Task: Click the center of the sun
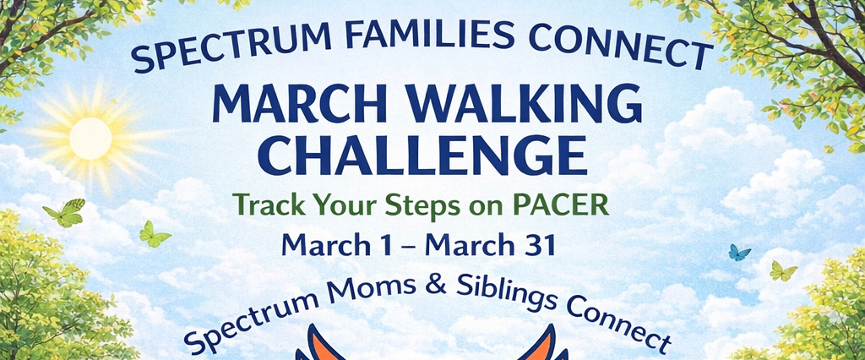point(90,139)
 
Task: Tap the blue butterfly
point(739,253)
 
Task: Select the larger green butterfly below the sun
point(64,213)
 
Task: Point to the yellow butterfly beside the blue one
point(783,270)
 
